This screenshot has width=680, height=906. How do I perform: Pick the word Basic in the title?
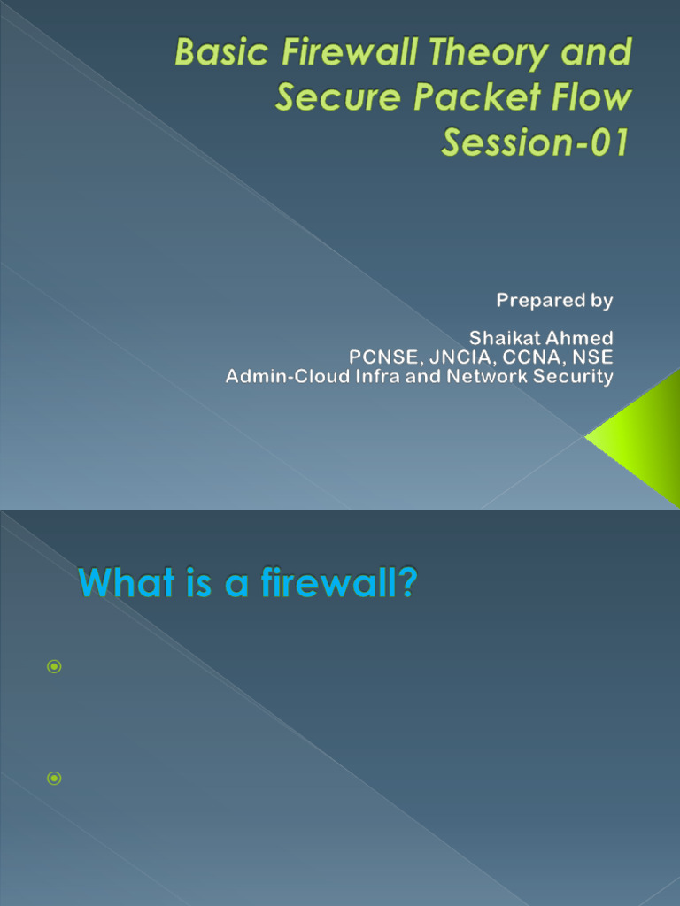[210, 53]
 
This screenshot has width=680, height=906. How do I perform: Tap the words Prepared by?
[554, 301]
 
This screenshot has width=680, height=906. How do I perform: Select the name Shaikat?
[500, 338]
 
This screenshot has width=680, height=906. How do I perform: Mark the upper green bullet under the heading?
[55, 667]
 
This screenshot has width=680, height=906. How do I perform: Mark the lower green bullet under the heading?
[55, 779]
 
